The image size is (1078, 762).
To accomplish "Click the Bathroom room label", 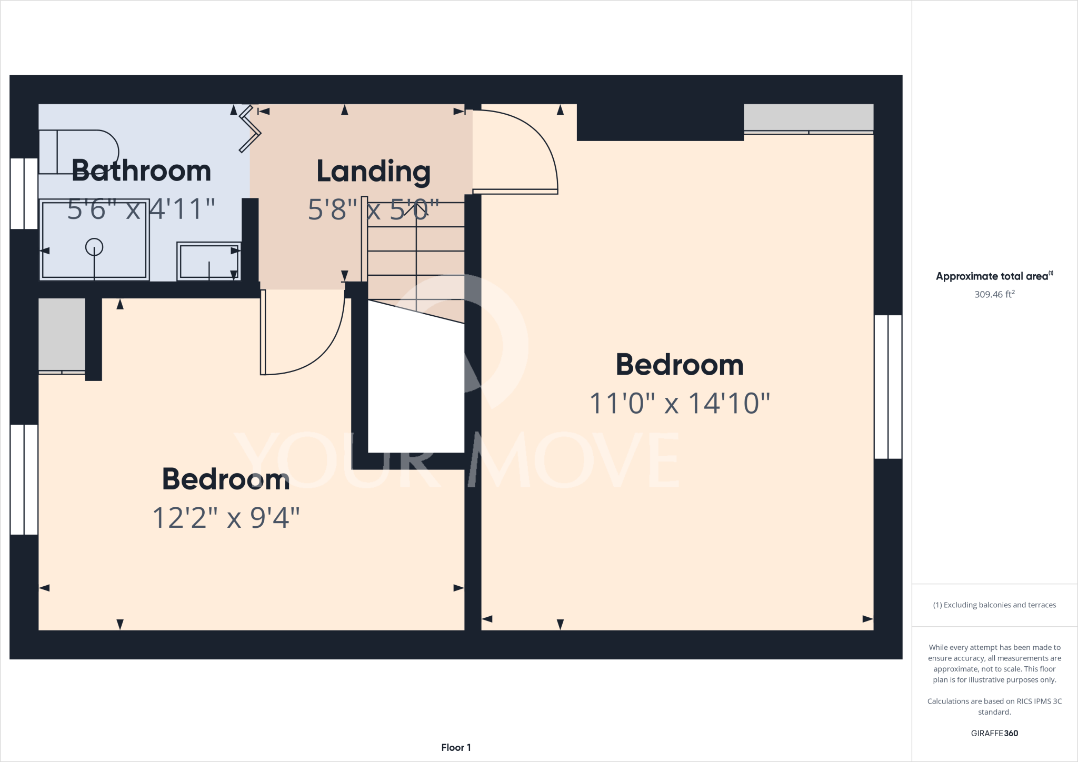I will pyautogui.click(x=141, y=171).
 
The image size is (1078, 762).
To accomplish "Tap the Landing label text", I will pyautogui.click(x=373, y=172).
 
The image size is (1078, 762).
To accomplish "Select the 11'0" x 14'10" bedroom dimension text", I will pyautogui.click(x=680, y=404).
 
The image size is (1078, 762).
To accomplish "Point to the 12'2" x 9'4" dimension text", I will pyautogui.click(x=226, y=518).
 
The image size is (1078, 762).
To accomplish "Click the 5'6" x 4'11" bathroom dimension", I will pyautogui.click(x=141, y=209).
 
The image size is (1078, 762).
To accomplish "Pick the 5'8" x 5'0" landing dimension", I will pyautogui.click(x=373, y=210).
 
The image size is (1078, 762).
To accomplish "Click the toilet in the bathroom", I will pyautogui.click(x=79, y=151).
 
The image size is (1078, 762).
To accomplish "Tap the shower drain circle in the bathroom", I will pyautogui.click(x=94, y=246).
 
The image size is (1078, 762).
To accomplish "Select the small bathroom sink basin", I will pyautogui.click(x=209, y=260).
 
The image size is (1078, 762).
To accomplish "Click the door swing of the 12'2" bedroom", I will pyautogui.click(x=303, y=334).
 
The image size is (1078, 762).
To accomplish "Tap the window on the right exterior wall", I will pyautogui.click(x=888, y=387).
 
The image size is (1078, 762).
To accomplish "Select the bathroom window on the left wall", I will pyautogui.click(x=24, y=193).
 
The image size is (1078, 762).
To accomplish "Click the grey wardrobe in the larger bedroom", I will pyautogui.click(x=808, y=117).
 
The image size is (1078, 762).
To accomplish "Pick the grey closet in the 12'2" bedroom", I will pyautogui.click(x=62, y=335).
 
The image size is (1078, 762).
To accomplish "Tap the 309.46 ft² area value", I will pyautogui.click(x=994, y=294).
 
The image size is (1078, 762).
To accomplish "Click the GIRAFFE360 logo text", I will pyautogui.click(x=994, y=733).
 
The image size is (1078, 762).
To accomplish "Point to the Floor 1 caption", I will pyautogui.click(x=456, y=747).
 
